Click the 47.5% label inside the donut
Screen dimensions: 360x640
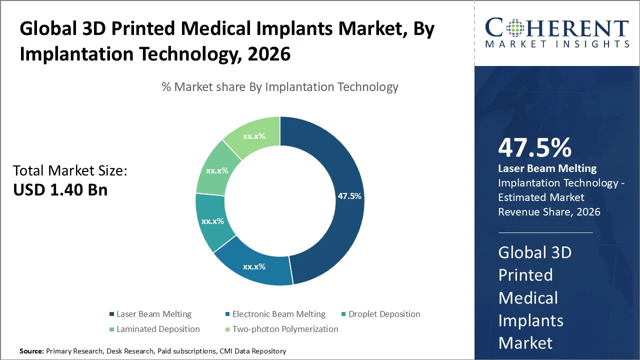click(x=349, y=196)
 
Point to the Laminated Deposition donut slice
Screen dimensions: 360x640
click(x=216, y=170)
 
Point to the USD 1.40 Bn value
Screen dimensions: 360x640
click(x=60, y=190)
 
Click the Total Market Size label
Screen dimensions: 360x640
click(x=70, y=171)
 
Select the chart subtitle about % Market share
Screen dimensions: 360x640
click(x=280, y=87)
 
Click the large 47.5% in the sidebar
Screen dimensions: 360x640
click(x=534, y=148)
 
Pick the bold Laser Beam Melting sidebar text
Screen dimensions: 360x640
click(x=547, y=168)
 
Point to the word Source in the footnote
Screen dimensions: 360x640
click(x=31, y=351)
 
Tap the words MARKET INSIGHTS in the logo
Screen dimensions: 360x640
click(x=557, y=44)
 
